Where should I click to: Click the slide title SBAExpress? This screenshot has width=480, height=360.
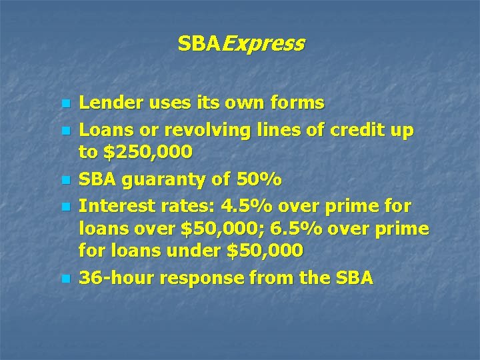pos(240,44)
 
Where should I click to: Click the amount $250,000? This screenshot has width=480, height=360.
pos(147,153)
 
